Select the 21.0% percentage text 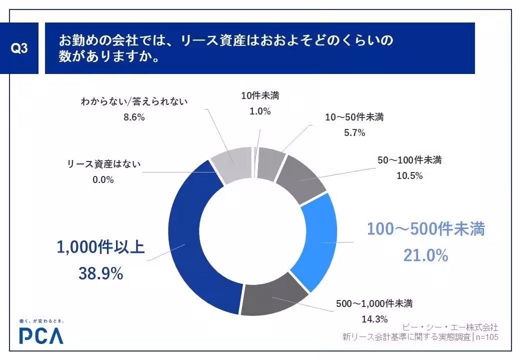[425, 255]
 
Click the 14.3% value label [374, 318]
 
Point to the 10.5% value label [410, 175]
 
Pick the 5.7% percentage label [354, 132]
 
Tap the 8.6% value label [134, 117]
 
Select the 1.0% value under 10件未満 [260, 111]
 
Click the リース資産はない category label [104, 164]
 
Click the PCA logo [41, 336]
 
